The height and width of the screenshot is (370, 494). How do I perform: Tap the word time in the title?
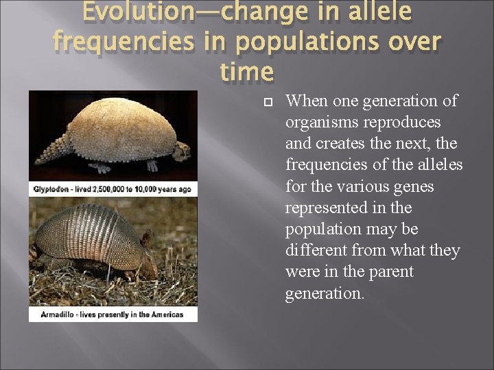pyautogui.click(x=246, y=71)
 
